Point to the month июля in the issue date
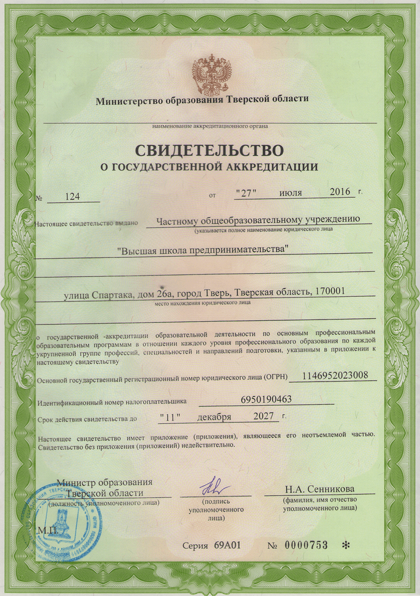[x=291, y=193]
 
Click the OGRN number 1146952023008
[x=339, y=375]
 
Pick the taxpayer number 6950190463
[x=266, y=399]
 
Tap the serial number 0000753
[x=305, y=545]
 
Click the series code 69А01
[x=227, y=545]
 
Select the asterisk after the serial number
[x=345, y=545]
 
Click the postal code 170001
[x=329, y=292]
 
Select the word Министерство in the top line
[x=129, y=100]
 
